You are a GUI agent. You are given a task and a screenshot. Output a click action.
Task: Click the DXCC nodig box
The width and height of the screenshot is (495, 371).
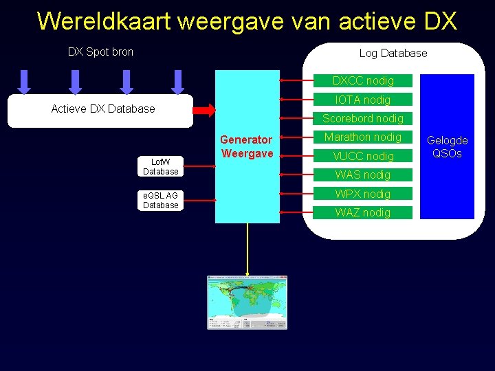coord(363,81)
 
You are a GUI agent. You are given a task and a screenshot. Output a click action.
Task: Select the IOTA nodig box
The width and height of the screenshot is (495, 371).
coord(363,100)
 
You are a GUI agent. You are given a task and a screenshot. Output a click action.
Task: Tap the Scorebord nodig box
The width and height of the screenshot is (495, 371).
coord(363,119)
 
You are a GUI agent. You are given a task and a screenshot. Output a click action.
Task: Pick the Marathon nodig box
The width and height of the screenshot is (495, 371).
coord(363,137)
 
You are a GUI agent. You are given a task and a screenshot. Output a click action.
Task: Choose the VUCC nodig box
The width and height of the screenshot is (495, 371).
coord(363,156)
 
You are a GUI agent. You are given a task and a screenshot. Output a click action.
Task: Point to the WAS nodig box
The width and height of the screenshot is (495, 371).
coord(363,175)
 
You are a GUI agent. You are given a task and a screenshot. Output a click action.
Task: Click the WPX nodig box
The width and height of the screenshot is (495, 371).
coord(363,194)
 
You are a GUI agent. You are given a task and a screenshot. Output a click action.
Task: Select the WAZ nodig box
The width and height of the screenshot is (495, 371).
coord(363,212)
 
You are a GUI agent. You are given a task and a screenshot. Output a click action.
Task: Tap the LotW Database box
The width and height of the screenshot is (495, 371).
coord(161,167)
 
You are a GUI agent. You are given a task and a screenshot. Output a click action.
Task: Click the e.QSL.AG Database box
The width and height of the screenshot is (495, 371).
coord(161,201)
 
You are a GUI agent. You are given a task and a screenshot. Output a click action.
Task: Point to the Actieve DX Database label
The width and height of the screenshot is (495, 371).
coord(103,109)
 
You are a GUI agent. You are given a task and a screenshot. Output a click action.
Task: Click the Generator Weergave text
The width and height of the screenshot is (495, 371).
coord(247,146)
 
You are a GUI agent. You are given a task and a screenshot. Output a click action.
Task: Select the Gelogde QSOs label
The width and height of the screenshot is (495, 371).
coord(447,146)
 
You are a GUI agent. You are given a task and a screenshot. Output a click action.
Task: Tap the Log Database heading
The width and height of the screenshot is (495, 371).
coord(393,53)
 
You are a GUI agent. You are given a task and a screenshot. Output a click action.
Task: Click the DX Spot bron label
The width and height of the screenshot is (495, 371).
coord(100,52)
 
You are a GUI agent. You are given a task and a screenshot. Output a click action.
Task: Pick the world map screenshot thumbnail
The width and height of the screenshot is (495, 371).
coord(247,302)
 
